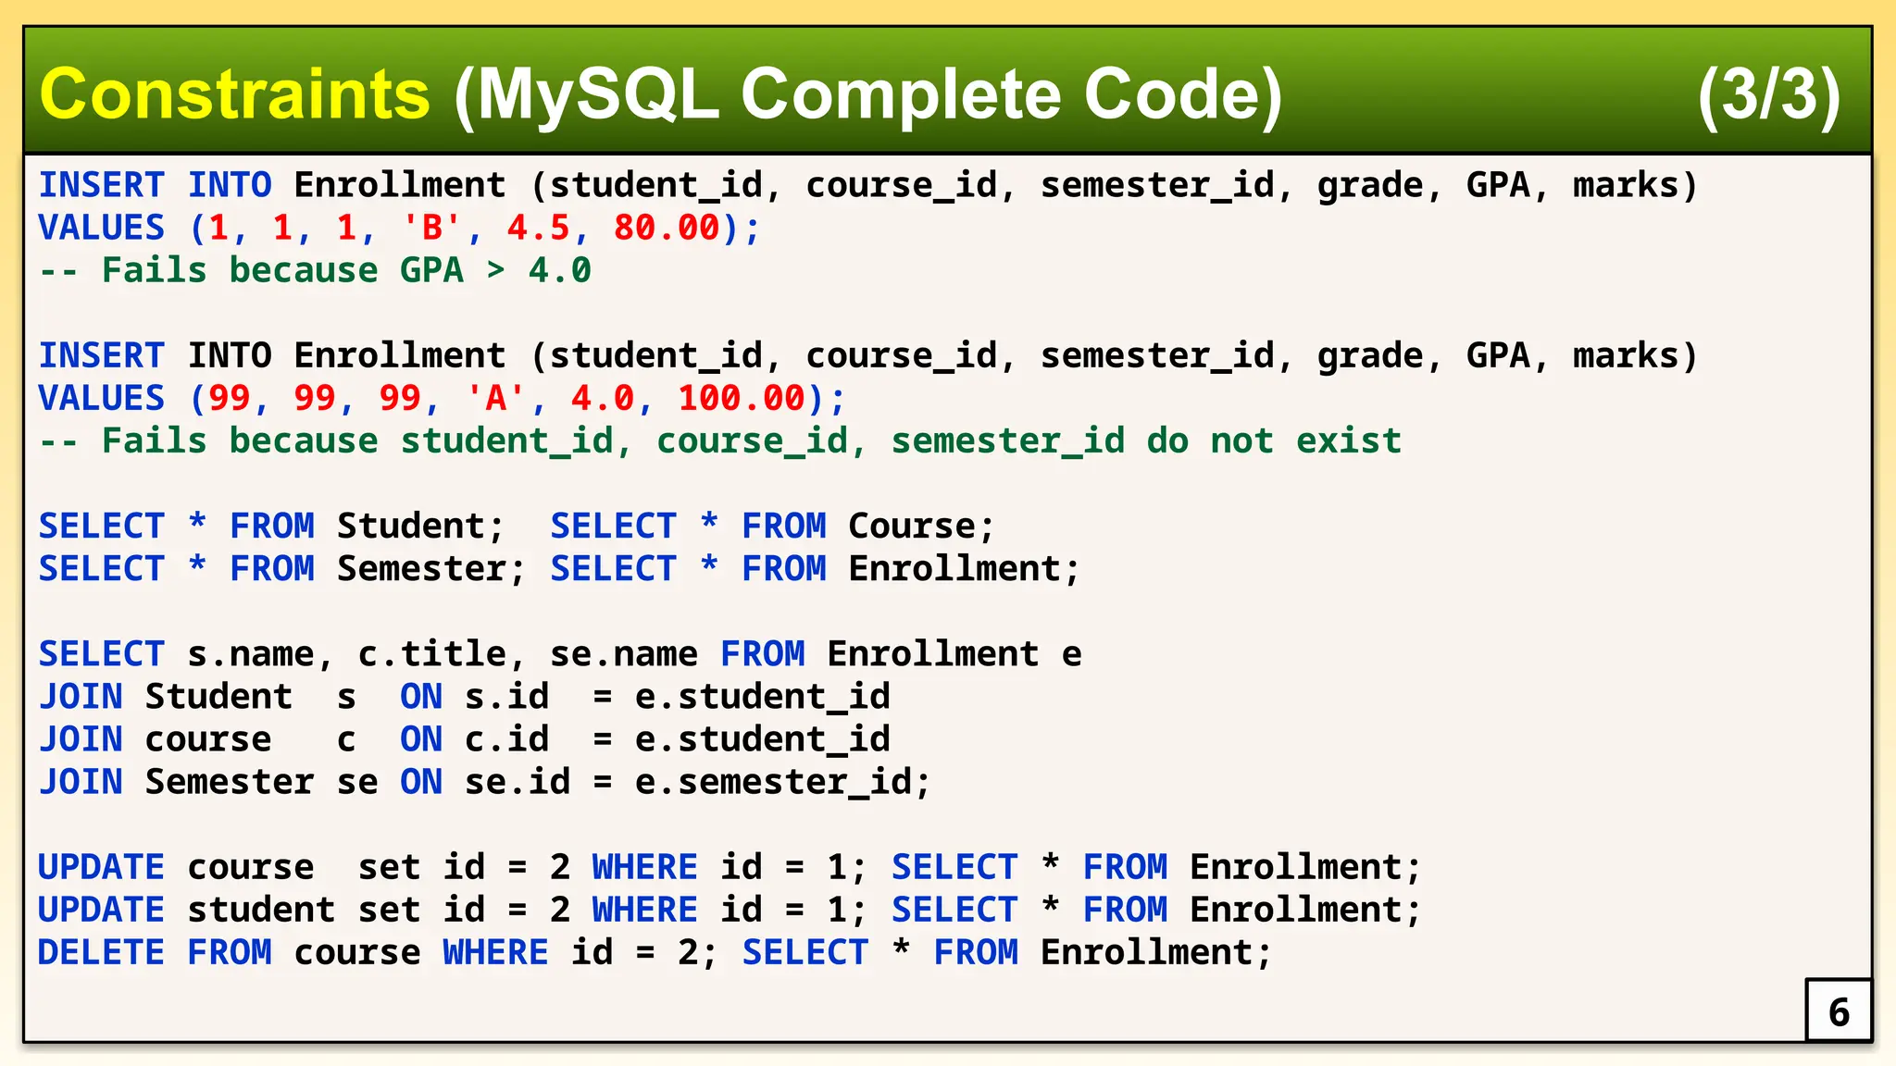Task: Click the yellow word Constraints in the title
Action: [x=234, y=94]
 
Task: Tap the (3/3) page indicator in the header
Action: [x=1768, y=94]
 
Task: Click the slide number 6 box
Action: [x=1839, y=1011]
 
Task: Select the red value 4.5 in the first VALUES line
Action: [x=538, y=228]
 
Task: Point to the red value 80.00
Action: [x=667, y=228]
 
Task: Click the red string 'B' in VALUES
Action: [x=431, y=228]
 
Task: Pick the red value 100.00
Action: [x=742, y=398]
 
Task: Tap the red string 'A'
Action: [x=495, y=398]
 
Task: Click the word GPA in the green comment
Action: [x=431, y=270]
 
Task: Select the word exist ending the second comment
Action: [x=1348, y=440]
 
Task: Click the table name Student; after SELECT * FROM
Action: [x=420, y=526]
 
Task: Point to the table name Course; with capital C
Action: [x=921, y=526]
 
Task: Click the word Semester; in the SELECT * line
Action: [x=430, y=568]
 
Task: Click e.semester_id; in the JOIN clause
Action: [x=782, y=782]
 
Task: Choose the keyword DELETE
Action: [x=101, y=952]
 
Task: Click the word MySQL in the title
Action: [x=598, y=94]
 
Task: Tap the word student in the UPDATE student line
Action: [x=261, y=910]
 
